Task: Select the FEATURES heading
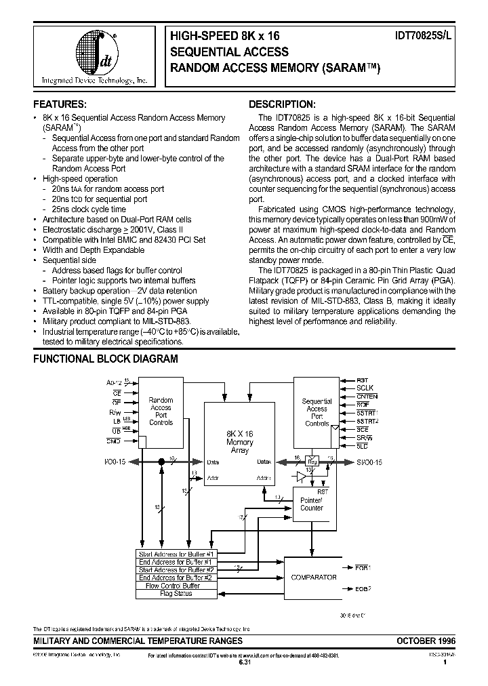[x=60, y=104]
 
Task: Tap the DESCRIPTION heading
[x=281, y=104]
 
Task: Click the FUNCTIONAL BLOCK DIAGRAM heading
[x=105, y=359]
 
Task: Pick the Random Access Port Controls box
[x=161, y=411]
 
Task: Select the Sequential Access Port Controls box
[x=317, y=412]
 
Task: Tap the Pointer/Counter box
[x=312, y=503]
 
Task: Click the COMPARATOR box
[x=313, y=578]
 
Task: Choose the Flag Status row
[x=176, y=594]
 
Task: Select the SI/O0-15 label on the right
[x=369, y=462]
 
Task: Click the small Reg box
[x=312, y=460]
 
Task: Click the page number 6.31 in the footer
[x=244, y=663]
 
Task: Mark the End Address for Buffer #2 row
[x=176, y=578]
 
